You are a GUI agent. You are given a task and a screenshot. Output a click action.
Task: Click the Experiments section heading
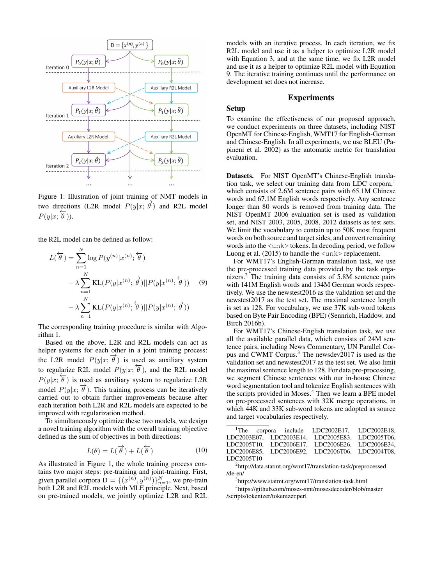[311, 98]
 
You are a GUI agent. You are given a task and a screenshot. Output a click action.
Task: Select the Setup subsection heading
[236, 108]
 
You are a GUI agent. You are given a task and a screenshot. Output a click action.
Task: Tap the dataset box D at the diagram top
[130, 45]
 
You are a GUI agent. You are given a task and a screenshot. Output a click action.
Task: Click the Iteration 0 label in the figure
[57, 68]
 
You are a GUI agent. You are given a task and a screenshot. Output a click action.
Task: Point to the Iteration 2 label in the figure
[57, 166]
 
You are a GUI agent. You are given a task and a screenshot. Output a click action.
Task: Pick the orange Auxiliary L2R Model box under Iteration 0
[89, 88]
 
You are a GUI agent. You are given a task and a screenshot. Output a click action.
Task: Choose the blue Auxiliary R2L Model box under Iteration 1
[171, 137]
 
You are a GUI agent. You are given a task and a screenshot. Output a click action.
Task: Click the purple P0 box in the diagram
[89, 62]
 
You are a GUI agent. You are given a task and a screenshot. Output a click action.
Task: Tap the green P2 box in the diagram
[171, 160]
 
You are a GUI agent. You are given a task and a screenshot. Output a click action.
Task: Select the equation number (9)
[203, 282]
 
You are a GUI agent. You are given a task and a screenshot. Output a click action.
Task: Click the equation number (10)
[201, 450]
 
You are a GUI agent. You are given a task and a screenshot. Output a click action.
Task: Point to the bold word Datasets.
[240, 176]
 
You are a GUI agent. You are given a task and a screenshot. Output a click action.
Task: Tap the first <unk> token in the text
[278, 245]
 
